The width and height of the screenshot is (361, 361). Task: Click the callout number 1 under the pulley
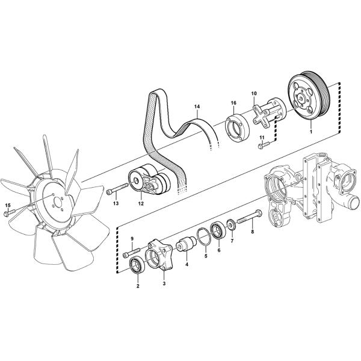click(x=310, y=130)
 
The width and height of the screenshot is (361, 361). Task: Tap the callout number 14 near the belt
click(x=196, y=107)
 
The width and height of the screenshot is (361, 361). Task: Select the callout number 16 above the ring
click(x=233, y=103)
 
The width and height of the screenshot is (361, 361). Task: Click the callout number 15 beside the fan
click(x=7, y=206)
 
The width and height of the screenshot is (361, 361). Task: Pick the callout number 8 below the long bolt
click(x=253, y=230)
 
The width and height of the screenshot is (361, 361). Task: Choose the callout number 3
click(x=164, y=281)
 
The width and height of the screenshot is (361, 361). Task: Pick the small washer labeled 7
click(x=230, y=226)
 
